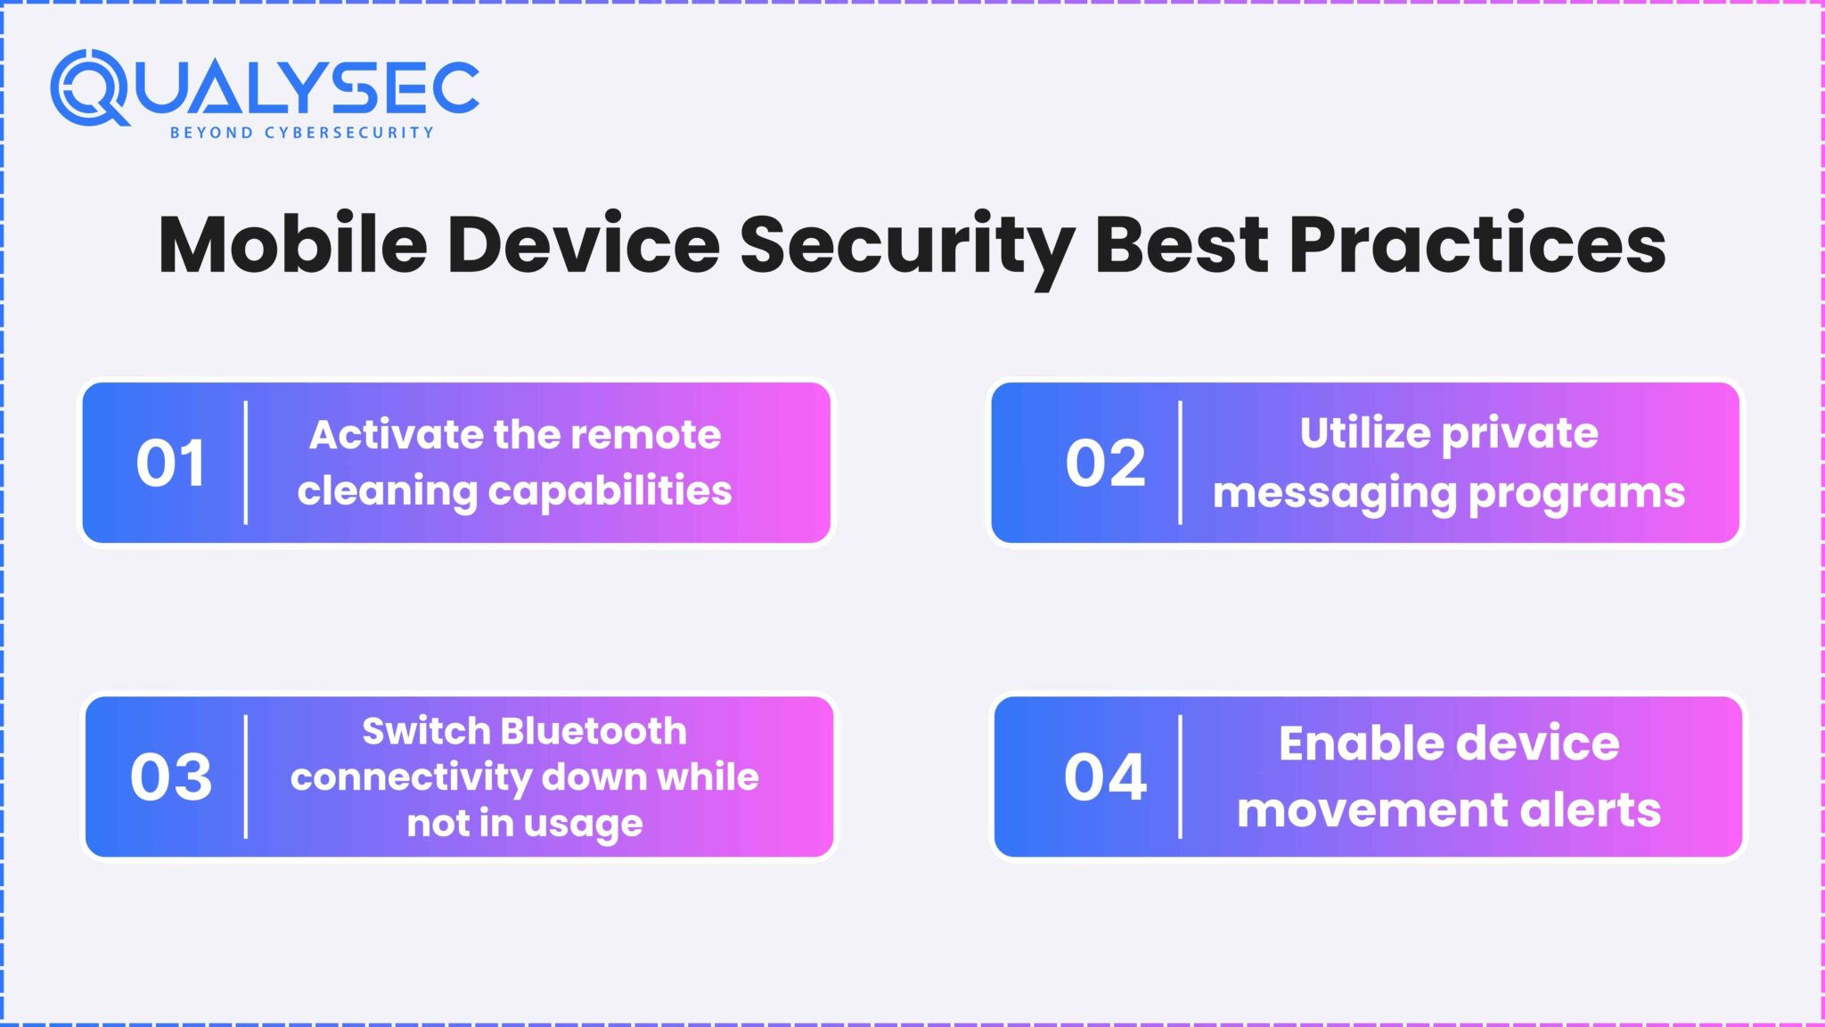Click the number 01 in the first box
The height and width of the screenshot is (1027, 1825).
(x=170, y=464)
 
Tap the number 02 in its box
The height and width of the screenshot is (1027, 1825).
(x=1105, y=464)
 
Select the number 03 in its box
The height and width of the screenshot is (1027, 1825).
(x=171, y=777)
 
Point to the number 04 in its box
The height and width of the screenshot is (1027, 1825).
(x=1105, y=777)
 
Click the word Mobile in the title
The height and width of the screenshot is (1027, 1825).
(x=293, y=245)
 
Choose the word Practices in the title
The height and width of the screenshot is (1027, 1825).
(x=1477, y=245)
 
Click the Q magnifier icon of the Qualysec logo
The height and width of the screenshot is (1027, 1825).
(x=89, y=87)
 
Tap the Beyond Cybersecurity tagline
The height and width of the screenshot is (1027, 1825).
(x=301, y=133)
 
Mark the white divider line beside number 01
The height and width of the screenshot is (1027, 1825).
(x=246, y=463)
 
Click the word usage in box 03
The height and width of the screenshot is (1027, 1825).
(x=583, y=824)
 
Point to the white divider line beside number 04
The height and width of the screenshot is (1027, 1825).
(x=1181, y=776)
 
